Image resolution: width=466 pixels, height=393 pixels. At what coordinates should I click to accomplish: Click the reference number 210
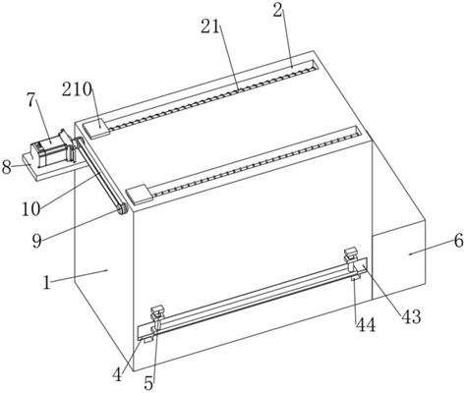78,89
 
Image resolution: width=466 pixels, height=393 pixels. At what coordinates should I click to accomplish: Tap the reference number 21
210,27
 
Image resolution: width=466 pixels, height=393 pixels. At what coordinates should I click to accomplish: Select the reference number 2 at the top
277,11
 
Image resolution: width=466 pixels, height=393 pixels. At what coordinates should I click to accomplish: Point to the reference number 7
30,100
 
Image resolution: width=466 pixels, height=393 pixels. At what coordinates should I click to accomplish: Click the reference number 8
6,167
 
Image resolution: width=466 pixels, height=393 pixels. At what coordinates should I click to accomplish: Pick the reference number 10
31,209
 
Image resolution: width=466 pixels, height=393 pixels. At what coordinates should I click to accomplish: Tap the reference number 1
47,282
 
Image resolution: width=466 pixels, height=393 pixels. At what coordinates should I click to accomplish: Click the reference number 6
459,242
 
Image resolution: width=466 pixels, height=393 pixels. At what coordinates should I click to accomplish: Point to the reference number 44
366,325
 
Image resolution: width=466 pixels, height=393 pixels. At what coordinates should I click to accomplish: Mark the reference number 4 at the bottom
117,374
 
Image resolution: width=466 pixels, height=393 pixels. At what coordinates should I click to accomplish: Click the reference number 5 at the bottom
149,382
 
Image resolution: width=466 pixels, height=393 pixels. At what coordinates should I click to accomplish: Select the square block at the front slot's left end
140,195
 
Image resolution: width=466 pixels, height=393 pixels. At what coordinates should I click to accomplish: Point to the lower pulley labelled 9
122,208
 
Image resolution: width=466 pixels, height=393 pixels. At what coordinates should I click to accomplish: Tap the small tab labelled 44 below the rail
356,278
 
